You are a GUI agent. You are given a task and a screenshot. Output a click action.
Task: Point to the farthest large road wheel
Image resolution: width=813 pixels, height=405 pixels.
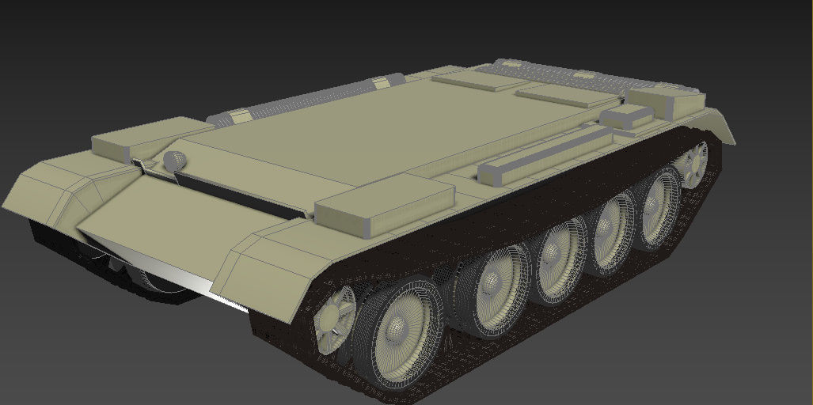tap(659, 208)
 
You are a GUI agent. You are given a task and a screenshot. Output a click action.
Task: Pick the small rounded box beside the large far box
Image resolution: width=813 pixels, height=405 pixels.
tap(625, 117)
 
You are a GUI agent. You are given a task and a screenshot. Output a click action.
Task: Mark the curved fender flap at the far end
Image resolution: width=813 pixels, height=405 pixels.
tap(720, 127)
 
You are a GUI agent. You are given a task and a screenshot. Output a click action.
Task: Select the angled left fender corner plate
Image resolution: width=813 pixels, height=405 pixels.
tap(47, 190)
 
